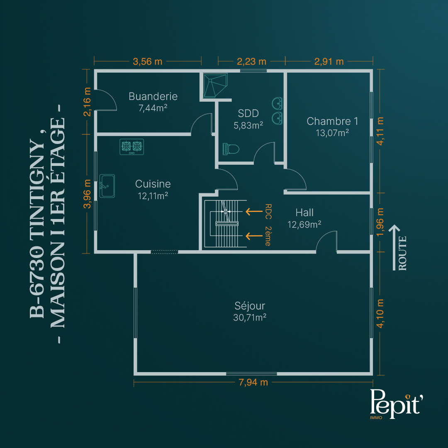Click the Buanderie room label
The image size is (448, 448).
pos(153,96)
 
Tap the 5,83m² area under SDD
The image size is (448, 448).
pos(248,125)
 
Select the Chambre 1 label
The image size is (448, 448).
pos(332,121)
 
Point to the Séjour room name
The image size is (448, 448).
pos(250,306)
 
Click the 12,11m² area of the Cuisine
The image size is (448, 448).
pos(153,196)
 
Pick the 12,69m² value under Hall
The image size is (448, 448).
pos(304,224)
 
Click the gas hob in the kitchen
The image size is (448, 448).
pos(131,147)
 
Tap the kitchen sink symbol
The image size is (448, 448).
pos(107,186)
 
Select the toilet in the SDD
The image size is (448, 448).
pos(231,149)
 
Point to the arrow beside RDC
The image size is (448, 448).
pos(254,212)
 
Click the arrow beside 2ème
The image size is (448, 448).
pos(254,236)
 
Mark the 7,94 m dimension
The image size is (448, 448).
pos(253,382)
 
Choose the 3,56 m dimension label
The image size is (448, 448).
pos(147,61)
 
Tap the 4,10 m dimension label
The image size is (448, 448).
pos(380,314)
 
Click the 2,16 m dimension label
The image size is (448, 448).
pos(87,102)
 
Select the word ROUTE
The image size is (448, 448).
pos(402,253)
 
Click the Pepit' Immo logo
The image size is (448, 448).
pos(396,404)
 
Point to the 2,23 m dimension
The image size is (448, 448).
pos(251,61)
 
